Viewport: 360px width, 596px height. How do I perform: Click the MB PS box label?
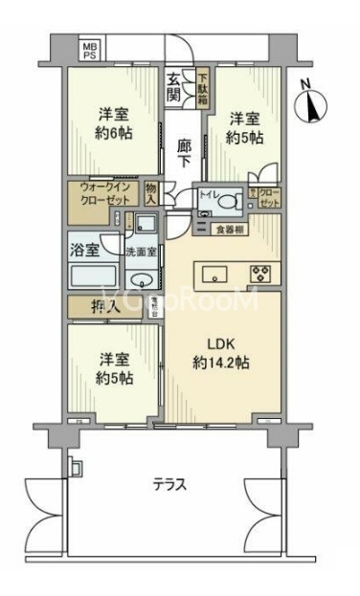pos(89,50)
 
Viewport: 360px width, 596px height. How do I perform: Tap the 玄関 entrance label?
pos(174,87)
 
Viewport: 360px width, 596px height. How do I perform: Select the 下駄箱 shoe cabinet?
pos(203,88)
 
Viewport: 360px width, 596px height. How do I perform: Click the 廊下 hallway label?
pos(184,154)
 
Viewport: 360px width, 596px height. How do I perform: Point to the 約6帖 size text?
pos(113,137)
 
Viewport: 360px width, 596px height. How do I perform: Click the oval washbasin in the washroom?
pos(142,280)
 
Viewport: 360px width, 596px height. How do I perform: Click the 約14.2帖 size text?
pos(222,364)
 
